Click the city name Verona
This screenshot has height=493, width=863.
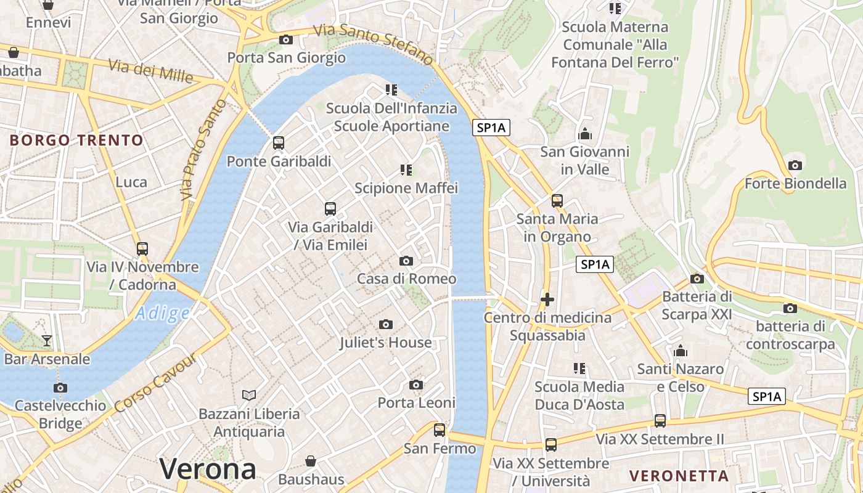[x=208, y=470]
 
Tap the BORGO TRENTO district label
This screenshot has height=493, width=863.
[x=76, y=140]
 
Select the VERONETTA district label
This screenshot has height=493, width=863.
[x=679, y=476]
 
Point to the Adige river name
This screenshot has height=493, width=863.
[x=163, y=314]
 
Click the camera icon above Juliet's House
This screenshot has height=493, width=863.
[x=386, y=324]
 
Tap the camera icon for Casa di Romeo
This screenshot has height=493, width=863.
[x=406, y=261]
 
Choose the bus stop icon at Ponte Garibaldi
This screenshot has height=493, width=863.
[x=279, y=143]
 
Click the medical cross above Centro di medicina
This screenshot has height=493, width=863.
[x=547, y=299]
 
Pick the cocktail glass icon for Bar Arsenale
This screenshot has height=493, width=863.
[x=47, y=340]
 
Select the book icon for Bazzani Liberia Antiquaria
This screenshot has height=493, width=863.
[x=249, y=395]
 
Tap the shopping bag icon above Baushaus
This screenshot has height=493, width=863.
[x=311, y=461]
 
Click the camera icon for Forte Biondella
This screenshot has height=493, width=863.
[x=795, y=165]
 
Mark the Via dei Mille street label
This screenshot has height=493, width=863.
[x=151, y=71]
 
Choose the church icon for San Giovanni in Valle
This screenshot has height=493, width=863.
[x=584, y=133]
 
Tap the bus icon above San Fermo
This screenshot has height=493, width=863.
[x=440, y=430]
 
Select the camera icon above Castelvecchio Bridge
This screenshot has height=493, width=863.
[x=60, y=388]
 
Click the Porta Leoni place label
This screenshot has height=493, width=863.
[x=417, y=403]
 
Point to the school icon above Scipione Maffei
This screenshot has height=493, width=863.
[x=406, y=169]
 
